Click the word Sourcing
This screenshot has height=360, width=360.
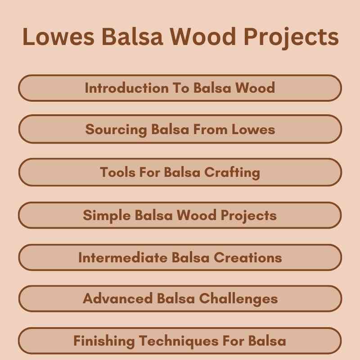[x=116, y=130]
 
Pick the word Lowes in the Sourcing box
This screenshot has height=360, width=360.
[x=253, y=130]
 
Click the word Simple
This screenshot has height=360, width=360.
[x=107, y=215]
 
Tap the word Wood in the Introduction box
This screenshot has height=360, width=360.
[x=255, y=88]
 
